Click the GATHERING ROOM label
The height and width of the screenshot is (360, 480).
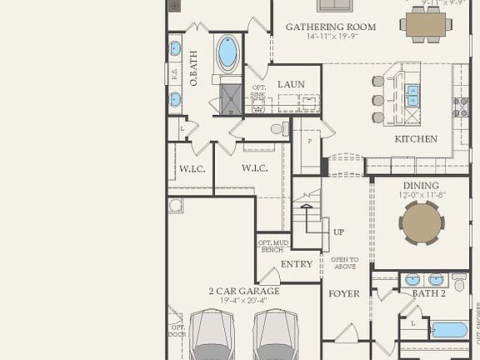[x=331, y=27]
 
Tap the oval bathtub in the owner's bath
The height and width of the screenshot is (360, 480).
[x=227, y=52]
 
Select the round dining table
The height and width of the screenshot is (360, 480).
[x=421, y=222]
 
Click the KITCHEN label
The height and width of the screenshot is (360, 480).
[x=415, y=139]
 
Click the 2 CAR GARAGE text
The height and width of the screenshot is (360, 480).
[x=243, y=292]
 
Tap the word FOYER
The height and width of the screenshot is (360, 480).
[x=343, y=293]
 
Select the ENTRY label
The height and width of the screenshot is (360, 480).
[x=297, y=264]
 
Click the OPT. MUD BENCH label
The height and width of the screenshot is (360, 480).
[x=272, y=246]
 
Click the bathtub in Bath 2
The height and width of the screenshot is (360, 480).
[x=449, y=329]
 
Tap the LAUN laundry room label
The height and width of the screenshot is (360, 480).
[x=291, y=84]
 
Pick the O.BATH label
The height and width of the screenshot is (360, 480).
[x=193, y=69]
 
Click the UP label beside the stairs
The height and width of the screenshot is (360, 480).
[x=338, y=232]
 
